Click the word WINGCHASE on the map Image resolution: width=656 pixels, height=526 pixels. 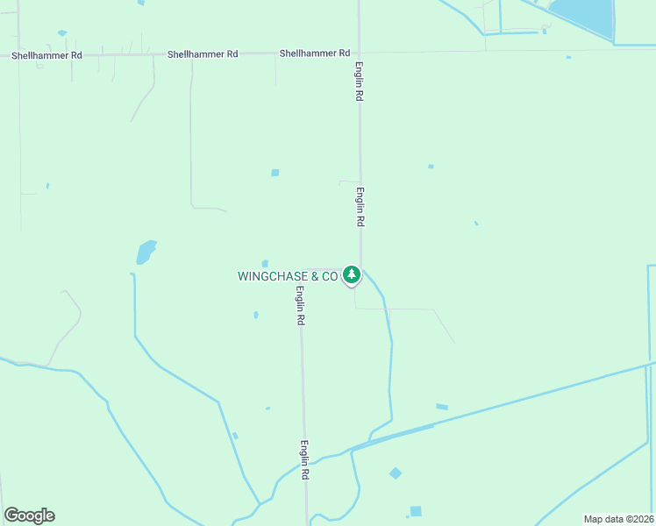[x=269, y=276]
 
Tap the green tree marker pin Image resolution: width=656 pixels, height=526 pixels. [x=352, y=274]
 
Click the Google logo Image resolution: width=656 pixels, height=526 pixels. [x=29, y=515]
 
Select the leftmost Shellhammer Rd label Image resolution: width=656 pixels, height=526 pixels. [x=46, y=55]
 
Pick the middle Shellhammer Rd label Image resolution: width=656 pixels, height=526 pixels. [x=203, y=54]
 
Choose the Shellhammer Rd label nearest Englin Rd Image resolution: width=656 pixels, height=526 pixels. [x=315, y=53]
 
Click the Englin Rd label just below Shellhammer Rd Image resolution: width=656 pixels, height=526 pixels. [x=359, y=82]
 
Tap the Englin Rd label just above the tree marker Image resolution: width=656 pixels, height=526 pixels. [x=360, y=208]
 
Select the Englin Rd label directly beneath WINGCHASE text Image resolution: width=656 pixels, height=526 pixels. [x=300, y=306]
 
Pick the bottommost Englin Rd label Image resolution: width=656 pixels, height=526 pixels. [x=305, y=458]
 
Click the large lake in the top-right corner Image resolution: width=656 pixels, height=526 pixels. [x=583, y=15]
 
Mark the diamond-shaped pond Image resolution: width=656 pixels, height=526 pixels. [x=396, y=473]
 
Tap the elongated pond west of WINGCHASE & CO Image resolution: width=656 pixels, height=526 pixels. [x=146, y=252]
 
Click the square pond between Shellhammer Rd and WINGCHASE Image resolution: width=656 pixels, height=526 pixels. [x=275, y=173]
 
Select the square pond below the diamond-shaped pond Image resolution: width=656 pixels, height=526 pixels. [x=416, y=511]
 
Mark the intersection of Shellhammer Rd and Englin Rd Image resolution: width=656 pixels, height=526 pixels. [x=359, y=53]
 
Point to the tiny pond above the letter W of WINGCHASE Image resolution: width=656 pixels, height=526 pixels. [x=265, y=263]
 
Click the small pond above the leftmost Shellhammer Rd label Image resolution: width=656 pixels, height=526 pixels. [x=62, y=33]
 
